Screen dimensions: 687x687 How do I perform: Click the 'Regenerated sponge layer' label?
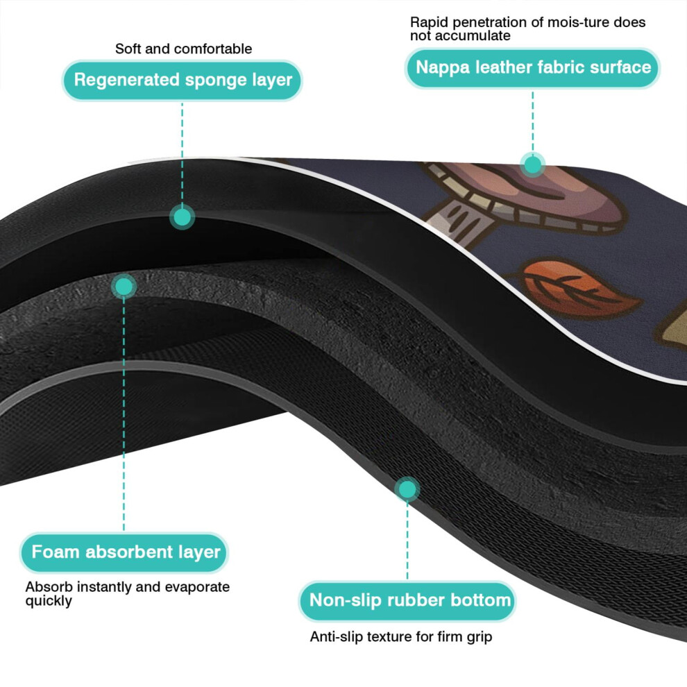183,80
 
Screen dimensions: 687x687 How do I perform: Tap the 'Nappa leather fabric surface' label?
533,68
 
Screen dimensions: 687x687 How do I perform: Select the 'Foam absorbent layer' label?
124,552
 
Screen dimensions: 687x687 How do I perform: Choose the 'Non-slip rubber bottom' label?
407,601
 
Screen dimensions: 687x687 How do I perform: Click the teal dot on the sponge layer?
182,217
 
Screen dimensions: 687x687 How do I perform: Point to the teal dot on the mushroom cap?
533,164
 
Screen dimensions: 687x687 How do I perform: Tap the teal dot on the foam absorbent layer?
124,287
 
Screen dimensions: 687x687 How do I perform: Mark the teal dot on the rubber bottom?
407,489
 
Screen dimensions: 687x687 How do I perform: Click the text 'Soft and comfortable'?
184,49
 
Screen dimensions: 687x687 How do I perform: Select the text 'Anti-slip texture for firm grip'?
401,636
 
